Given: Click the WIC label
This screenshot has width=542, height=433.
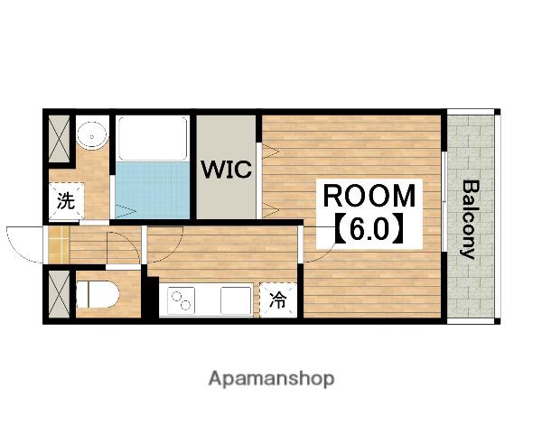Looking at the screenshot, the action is point(227,170).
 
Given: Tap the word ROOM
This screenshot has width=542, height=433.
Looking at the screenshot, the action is point(369,196).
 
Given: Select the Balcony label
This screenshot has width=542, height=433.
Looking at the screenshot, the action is point(471,219).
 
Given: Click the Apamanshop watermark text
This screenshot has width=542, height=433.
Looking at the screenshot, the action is point(271,379).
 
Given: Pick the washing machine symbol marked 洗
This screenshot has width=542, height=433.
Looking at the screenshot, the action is point(66,200).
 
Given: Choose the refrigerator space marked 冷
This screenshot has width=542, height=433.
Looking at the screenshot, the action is point(278,299).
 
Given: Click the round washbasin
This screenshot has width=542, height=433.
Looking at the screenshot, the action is point(92,136).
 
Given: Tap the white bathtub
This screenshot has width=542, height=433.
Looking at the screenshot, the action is point(153,138).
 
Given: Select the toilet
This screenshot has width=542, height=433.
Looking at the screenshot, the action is point(98,294).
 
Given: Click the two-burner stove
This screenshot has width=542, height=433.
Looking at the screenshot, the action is point(182,300).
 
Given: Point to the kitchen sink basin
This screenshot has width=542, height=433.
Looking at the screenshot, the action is point(236,300).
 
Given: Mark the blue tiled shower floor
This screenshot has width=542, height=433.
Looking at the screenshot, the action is point(153,190).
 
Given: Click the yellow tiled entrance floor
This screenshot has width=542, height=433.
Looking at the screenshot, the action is point(59,244).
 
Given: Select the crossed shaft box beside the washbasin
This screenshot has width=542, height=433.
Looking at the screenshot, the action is point(59,139).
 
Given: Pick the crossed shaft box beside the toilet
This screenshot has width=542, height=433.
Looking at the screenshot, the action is point(59,294).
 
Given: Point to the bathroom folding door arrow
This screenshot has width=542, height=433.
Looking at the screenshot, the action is point(126,209).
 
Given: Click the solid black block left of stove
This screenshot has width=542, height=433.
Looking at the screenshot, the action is point(151,298).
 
